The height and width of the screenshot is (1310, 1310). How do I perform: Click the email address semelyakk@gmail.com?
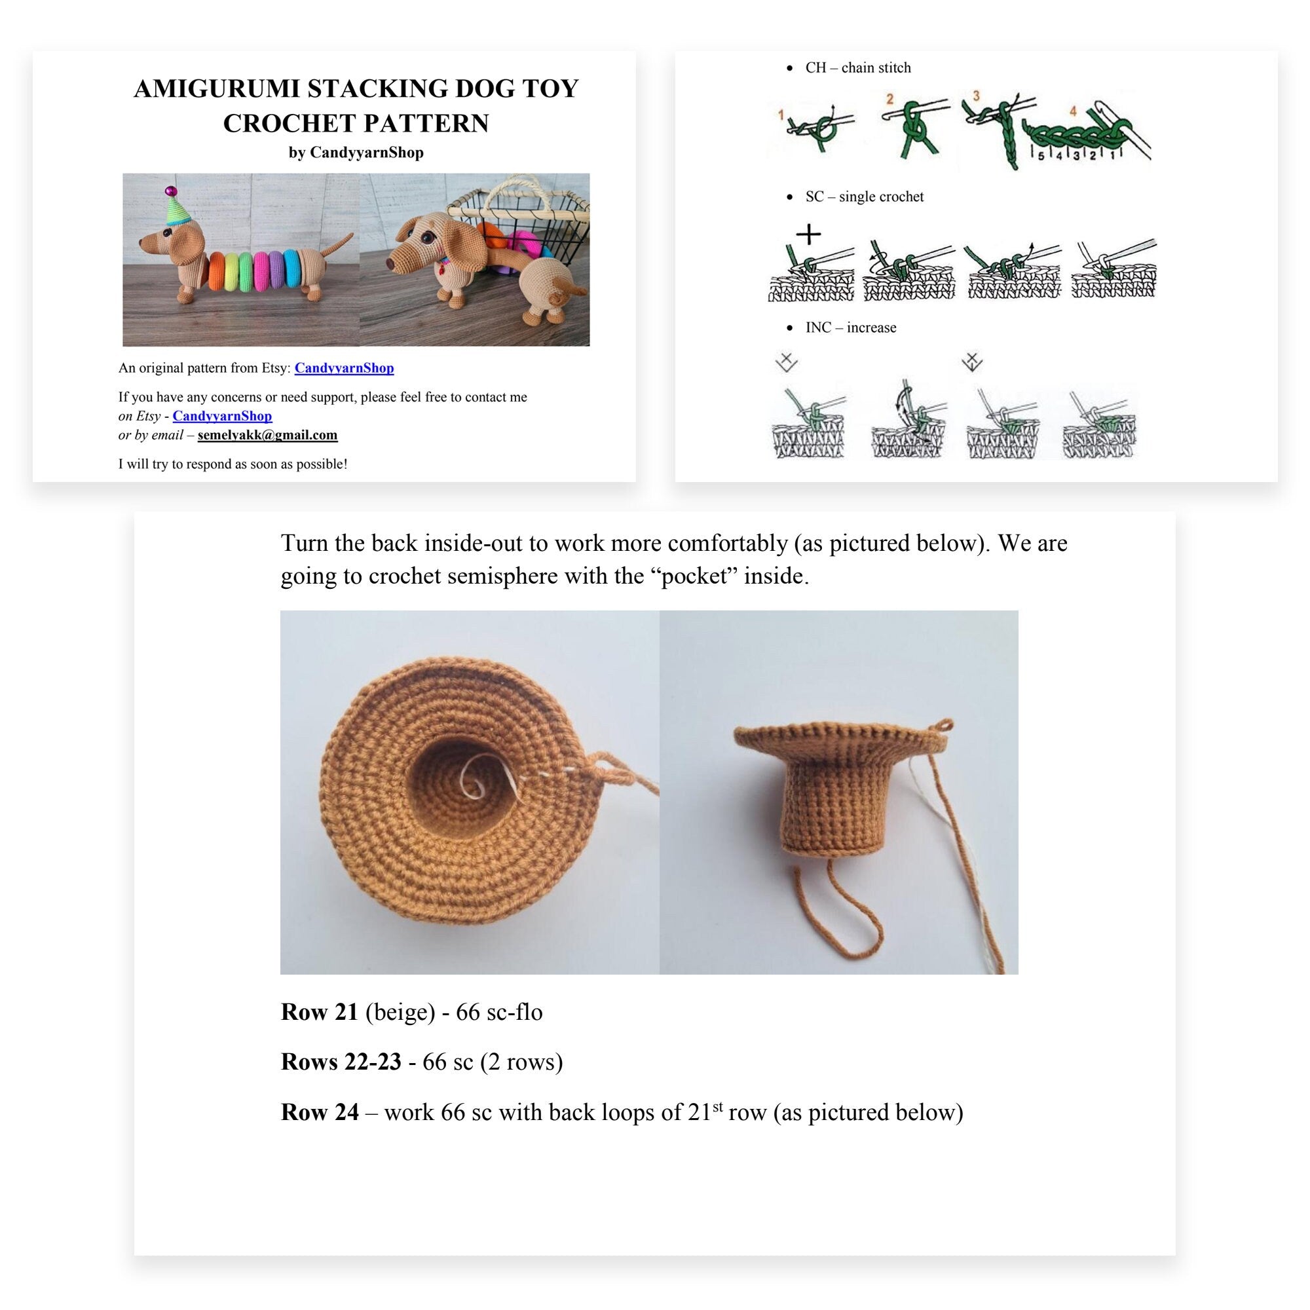point(267,435)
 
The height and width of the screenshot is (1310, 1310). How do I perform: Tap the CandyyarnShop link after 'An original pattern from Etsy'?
point(344,367)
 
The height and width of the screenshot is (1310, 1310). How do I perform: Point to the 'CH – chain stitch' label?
point(858,68)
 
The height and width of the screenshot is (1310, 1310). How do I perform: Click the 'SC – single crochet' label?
point(864,196)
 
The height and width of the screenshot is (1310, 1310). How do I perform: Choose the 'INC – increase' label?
point(850,327)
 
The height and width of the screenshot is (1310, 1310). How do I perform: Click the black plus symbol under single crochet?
point(808,234)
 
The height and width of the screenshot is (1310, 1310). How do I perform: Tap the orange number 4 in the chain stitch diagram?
point(1073,111)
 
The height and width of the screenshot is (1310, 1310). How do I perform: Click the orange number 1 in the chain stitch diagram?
point(781,115)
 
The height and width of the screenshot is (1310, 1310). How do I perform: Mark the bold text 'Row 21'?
point(319,1013)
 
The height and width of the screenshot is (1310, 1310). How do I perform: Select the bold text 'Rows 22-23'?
point(341,1062)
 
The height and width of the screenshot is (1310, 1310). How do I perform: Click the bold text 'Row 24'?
point(319,1113)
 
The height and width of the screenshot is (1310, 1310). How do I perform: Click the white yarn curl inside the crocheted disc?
point(475,783)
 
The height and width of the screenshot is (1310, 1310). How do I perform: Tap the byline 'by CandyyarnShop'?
point(356,153)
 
